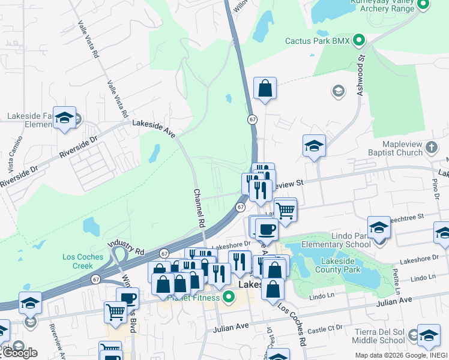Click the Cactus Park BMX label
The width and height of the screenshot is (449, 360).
pyautogui.click(x=318, y=41)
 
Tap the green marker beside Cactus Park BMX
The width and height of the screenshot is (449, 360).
pyautogui.click(x=359, y=41)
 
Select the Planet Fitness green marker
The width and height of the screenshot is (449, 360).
pyautogui.click(x=228, y=296)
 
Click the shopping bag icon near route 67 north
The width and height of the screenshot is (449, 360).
pyautogui.click(x=265, y=89)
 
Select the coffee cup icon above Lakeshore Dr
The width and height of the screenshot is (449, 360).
pyautogui.click(x=266, y=229)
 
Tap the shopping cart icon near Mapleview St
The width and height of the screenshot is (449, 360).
pyautogui.click(x=286, y=211)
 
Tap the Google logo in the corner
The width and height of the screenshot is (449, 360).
pyautogui.click(x=19, y=352)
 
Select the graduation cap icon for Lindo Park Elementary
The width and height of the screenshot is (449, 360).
pyautogui.click(x=379, y=227)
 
